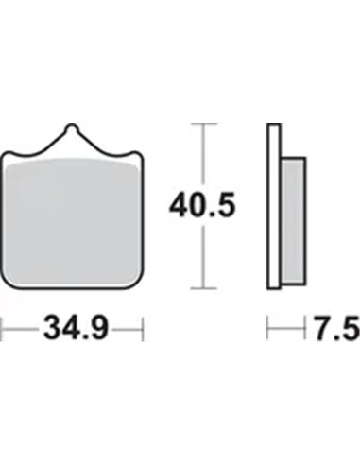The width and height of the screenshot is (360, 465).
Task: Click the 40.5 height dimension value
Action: pos(202,206)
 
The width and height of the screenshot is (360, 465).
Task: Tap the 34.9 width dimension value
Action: pos(76,329)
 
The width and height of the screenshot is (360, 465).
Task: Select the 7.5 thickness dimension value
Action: pos(337,329)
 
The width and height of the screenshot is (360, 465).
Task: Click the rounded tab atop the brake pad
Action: pos(72,129)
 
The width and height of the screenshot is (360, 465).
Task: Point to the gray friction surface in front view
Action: pos(72,222)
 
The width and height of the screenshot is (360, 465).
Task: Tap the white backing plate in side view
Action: pos(273,206)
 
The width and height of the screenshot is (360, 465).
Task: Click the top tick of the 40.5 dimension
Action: pos(204,124)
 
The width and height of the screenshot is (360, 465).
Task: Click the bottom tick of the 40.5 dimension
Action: pos(204,288)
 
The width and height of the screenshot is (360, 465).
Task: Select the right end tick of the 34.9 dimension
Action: pos(143,329)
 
